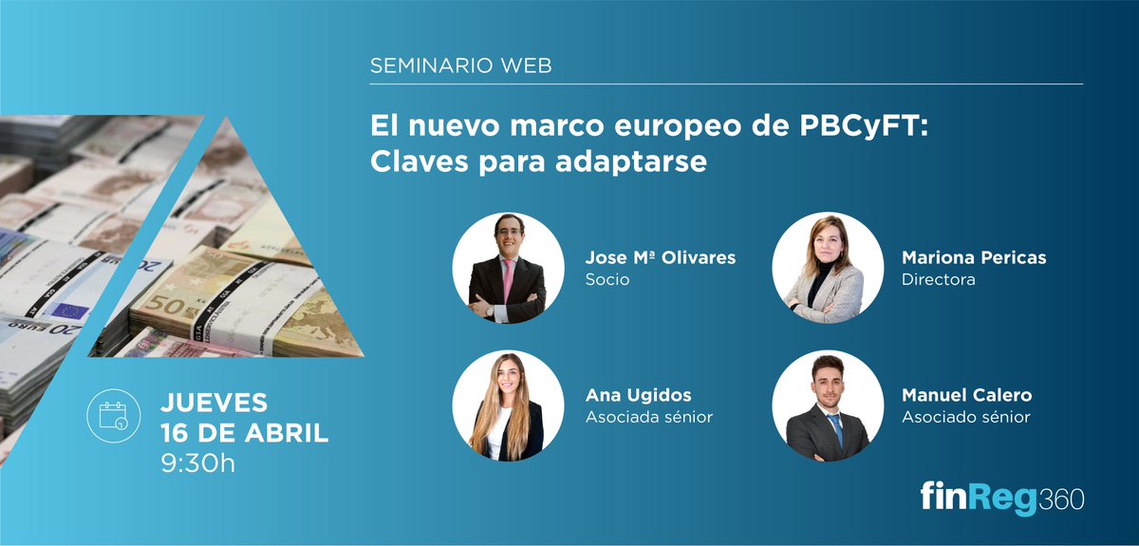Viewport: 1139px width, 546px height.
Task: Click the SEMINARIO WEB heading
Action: [x=460, y=66]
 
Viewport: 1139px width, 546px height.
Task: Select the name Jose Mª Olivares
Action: [x=661, y=258]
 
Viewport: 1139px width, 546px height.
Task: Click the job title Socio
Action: [x=607, y=280]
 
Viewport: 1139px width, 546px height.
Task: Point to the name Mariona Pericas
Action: [x=974, y=258]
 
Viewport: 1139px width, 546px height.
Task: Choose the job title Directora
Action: [x=938, y=280]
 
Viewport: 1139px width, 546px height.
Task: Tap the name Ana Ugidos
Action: [x=639, y=395]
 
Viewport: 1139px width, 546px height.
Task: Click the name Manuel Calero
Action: [x=966, y=395]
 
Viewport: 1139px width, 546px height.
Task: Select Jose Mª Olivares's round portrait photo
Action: [x=509, y=269]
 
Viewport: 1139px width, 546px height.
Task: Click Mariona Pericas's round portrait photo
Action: [x=827, y=269]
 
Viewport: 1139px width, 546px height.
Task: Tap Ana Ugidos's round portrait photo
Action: [x=509, y=405]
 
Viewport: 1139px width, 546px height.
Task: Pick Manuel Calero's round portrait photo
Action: [x=827, y=405]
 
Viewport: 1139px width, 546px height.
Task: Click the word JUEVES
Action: [x=214, y=403]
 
